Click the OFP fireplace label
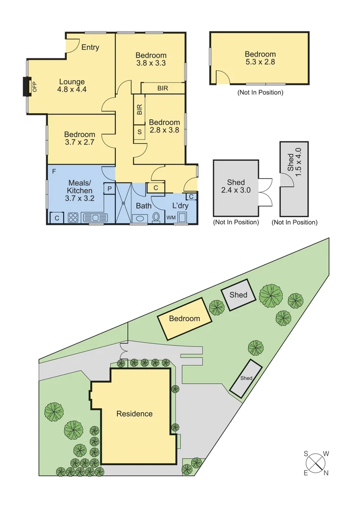click(x=34, y=86)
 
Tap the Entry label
click(x=90, y=47)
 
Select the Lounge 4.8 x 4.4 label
click(x=72, y=85)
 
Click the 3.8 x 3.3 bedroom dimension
click(x=151, y=63)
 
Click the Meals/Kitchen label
click(x=80, y=187)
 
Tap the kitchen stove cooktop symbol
click(x=74, y=218)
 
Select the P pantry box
click(x=109, y=188)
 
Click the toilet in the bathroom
click(x=156, y=218)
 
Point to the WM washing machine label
click(x=170, y=218)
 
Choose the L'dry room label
click(x=180, y=205)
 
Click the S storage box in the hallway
click(x=139, y=132)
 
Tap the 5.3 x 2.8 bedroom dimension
click(x=260, y=61)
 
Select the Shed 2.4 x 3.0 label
click(x=236, y=186)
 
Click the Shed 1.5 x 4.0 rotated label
click(x=294, y=162)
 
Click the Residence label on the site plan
click(x=135, y=414)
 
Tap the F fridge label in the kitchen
click(x=54, y=171)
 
